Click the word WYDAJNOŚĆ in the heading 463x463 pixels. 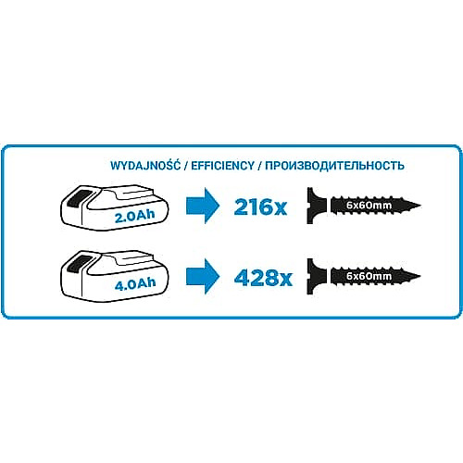145,165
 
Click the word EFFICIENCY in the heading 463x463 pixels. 222,166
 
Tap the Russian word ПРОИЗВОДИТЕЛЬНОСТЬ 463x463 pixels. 334,166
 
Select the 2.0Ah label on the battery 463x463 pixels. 134,216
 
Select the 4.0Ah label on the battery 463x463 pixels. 135,284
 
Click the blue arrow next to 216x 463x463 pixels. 203,206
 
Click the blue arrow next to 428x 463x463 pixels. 203,277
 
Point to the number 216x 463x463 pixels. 260,206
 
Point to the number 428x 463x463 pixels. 263,278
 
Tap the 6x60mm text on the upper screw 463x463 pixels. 369,206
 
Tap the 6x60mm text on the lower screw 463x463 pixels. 369,276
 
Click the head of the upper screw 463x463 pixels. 316,206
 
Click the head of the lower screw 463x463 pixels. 316,277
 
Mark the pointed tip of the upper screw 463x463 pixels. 420,206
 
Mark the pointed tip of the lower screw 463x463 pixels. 420,276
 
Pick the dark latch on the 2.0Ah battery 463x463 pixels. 78,198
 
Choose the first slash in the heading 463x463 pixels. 186,166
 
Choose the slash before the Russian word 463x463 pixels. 259,166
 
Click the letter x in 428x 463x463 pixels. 284,281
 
